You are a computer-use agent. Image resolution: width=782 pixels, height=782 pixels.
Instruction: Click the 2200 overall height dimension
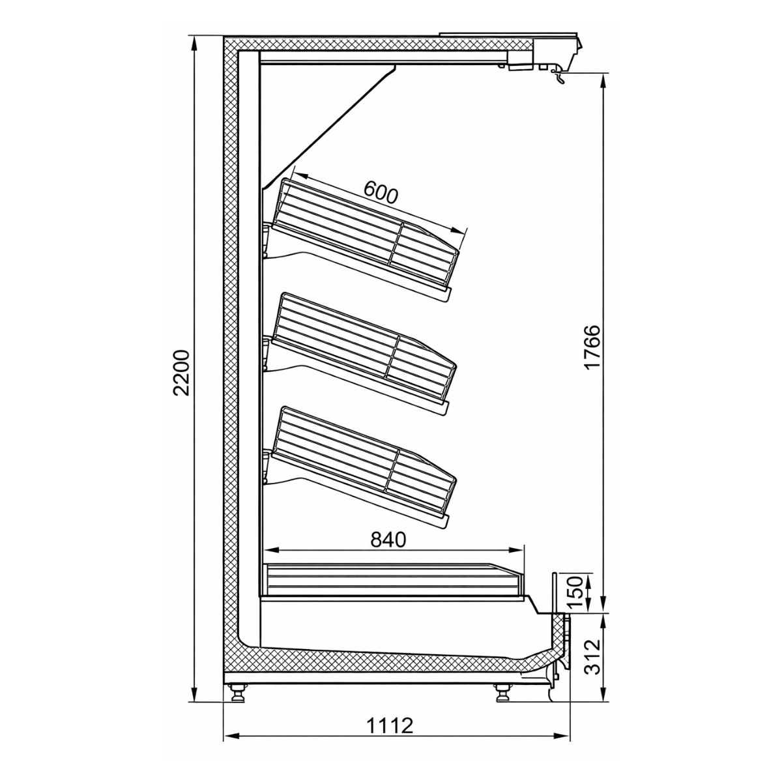click(182, 373)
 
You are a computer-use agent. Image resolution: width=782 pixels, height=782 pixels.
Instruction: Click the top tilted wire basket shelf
click(365, 235)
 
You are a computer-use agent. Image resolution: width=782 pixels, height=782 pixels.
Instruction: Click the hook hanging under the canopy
click(558, 76)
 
